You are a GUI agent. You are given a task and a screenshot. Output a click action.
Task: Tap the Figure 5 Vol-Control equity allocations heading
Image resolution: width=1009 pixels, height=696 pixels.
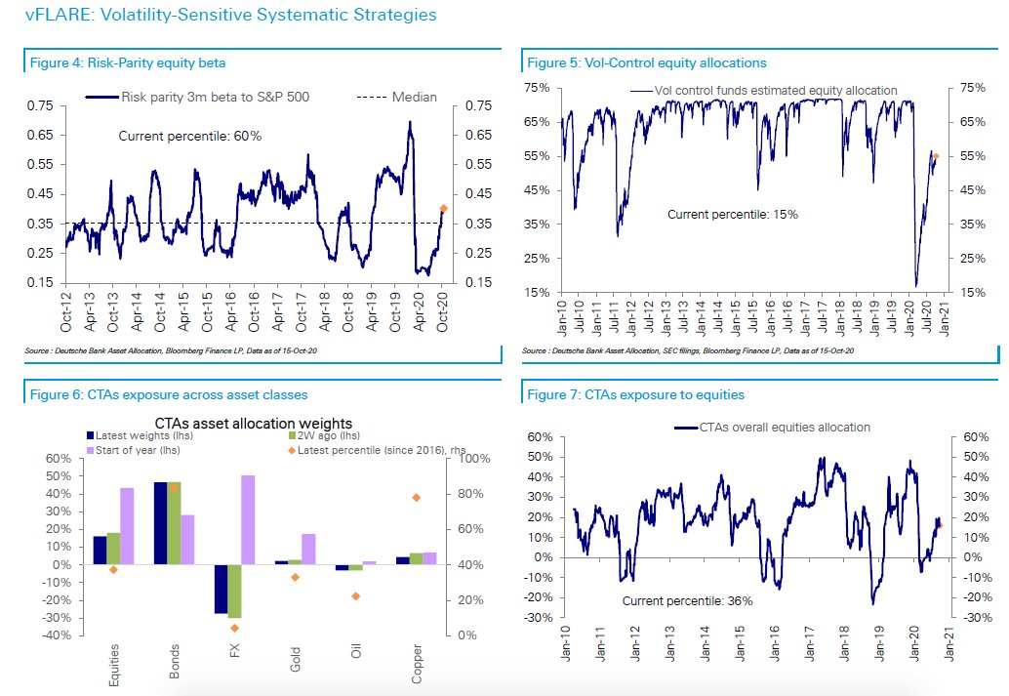pos(646,62)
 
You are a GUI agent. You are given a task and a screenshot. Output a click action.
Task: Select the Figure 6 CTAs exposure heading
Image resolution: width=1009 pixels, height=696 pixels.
pos(167,394)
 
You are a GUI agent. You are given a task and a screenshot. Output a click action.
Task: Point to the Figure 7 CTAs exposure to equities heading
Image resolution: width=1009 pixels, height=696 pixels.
pos(635,394)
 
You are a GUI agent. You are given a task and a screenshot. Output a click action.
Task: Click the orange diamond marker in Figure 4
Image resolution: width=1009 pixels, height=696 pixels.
pos(444,208)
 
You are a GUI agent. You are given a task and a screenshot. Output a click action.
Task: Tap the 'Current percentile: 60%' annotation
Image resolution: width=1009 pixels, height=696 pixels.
pos(189,137)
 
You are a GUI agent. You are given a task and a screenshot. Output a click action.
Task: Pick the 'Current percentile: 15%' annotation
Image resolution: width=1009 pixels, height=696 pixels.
pos(732,214)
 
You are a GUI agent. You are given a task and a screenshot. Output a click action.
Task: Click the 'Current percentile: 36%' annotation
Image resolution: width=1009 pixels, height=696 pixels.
pos(687,601)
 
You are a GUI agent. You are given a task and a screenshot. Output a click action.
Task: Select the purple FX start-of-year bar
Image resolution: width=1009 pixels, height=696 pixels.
pos(248,519)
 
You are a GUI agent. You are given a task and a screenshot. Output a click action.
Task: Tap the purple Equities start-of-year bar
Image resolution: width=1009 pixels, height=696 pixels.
pos(127,526)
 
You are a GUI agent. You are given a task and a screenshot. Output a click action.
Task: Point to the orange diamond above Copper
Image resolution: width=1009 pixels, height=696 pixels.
pos(416,498)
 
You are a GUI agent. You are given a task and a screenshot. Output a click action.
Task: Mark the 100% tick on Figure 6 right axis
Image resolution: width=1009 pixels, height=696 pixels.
pos(465,459)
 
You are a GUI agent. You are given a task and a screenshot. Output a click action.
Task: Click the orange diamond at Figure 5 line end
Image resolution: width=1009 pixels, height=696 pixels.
pos(936,155)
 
